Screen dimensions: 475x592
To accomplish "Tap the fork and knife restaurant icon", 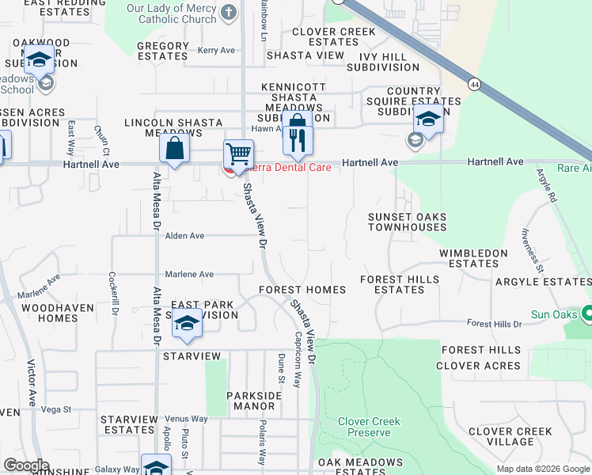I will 298,140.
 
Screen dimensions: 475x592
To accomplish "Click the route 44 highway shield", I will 474,84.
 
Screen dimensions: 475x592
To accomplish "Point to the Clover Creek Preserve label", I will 369,427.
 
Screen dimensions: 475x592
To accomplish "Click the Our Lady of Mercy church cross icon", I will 229,12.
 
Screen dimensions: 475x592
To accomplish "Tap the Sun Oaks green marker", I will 586,314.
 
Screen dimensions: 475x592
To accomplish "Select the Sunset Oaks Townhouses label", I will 407,222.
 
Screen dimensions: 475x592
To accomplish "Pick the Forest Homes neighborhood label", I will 302,290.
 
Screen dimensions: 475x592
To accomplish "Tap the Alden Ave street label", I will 184,236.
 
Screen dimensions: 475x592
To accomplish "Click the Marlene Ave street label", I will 190,274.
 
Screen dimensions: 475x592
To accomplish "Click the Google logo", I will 26,465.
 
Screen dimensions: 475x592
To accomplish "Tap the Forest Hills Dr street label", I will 495,324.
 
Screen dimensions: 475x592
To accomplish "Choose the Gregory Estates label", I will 162,51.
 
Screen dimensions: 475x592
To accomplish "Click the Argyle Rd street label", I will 547,186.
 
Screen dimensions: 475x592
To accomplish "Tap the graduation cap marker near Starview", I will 187,325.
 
